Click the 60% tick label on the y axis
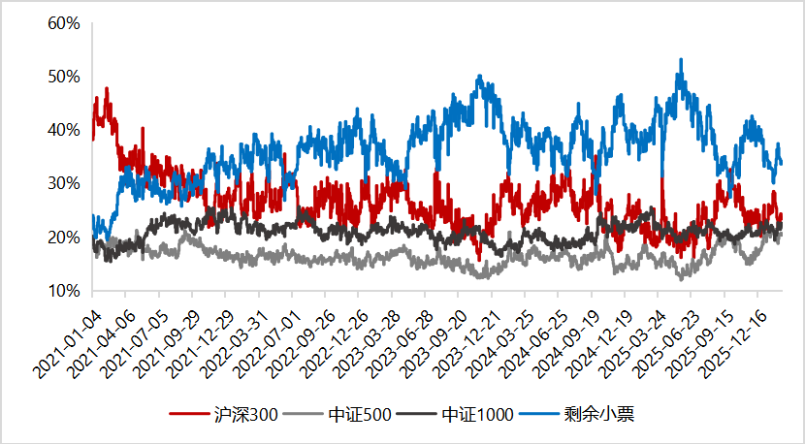(x=63, y=22)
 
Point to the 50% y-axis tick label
(x=63, y=77)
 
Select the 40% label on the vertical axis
(x=63, y=130)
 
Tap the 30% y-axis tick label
(x=63, y=183)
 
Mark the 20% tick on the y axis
(x=63, y=238)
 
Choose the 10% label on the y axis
(x=63, y=291)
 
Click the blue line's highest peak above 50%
(x=681, y=60)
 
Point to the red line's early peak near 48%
(x=106, y=89)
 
